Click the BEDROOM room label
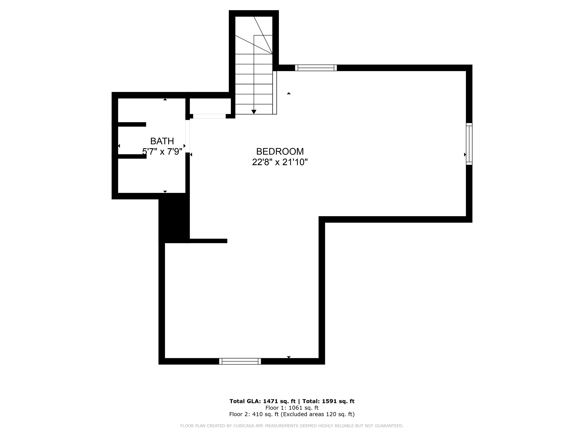click(x=280, y=152)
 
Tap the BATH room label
click(x=162, y=141)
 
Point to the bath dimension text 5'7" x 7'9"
click(x=162, y=152)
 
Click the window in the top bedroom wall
click(x=316, y=68)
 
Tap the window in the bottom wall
click(x=240, y=361)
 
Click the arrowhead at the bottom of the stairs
click(x=254, y=112)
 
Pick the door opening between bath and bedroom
click(x=187, y=136)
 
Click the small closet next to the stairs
click(x=210, y=106)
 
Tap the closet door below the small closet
click(x=209, y=116)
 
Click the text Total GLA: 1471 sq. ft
click(x=262, y=401)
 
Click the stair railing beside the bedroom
click(x=275, y=93)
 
